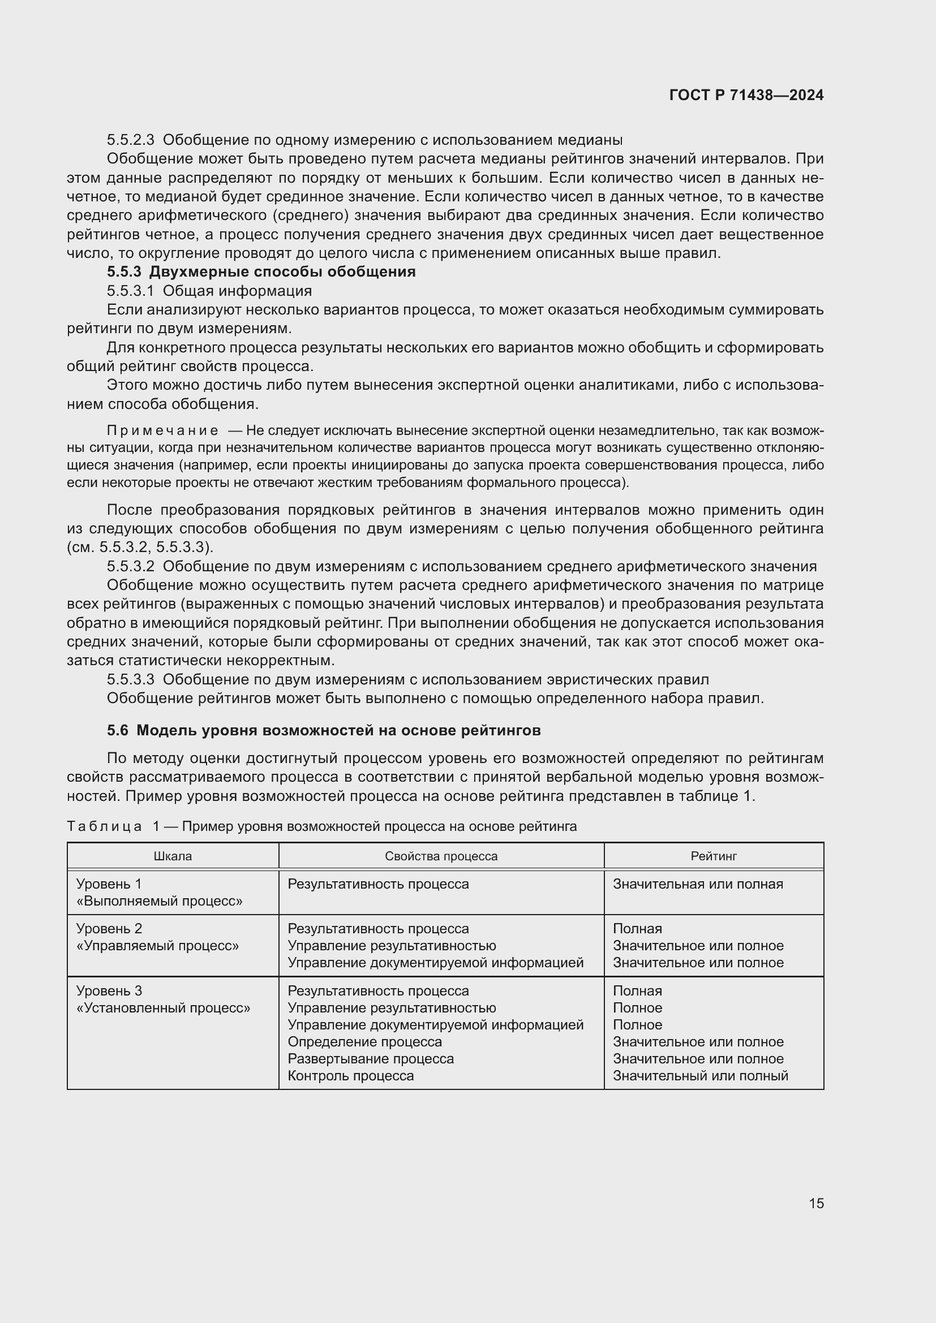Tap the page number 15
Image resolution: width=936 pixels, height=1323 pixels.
pos(816,1203)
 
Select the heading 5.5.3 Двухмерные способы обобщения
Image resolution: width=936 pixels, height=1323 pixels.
pos(261,272)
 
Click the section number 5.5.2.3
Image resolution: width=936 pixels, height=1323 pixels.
pos(131,140)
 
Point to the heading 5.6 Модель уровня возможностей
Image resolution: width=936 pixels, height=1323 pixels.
pos(323,731)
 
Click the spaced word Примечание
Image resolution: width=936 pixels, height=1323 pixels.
pos(162,430)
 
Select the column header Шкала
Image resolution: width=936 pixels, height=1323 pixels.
pos(173,856)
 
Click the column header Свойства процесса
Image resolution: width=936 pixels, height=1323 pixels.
pos(441,856)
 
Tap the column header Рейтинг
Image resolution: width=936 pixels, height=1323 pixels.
pos(713,856)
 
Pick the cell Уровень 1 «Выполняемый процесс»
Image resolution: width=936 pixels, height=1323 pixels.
pos(159,892)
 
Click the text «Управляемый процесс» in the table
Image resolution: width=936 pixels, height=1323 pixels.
pos(157,946)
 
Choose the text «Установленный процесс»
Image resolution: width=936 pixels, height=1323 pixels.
pos(163,1008)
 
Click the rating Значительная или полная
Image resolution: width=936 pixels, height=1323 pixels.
pos(697,884)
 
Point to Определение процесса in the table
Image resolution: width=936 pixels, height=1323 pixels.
pos(364,1042)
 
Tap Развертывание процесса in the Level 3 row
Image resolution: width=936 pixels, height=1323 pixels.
pos(370,1058)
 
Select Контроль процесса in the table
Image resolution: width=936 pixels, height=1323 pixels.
pos(350,1076)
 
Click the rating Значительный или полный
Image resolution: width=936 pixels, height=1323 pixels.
pos(699,1076)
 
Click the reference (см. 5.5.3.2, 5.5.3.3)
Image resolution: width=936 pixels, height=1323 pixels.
pos(140,547)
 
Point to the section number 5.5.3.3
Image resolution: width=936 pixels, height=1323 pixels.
pos(131,679)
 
